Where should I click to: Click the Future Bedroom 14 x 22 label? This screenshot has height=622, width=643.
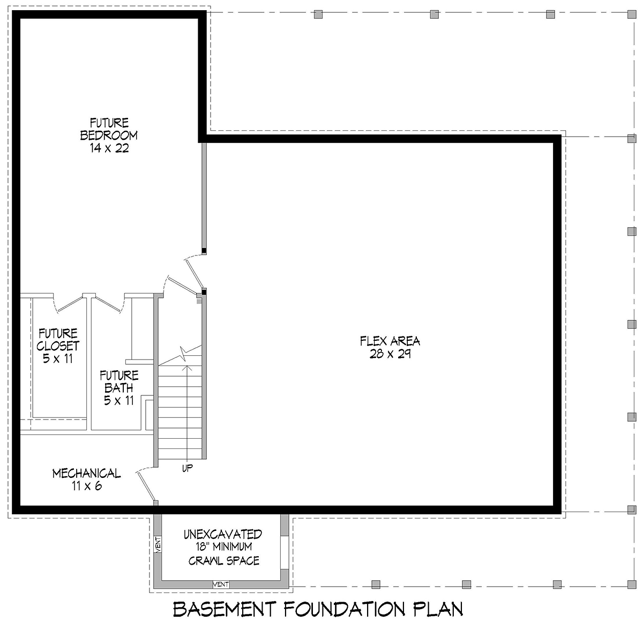[x=109, y=136]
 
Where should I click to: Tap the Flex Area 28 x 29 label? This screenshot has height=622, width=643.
[x=390, y=347]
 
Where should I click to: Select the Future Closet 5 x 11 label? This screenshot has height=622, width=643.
[x=58, y=346]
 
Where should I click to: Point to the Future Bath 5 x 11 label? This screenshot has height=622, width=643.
[x=119, y=388]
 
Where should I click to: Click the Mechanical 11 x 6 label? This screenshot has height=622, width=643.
[x=87, y=479]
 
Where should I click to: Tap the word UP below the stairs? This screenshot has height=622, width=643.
[x=188, y=468]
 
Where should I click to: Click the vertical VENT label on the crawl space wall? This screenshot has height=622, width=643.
[x=158, y=544]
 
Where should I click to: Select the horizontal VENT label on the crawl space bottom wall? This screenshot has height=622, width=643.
[x=221, y=584]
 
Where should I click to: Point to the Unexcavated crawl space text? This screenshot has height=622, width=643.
[x=223, y=548]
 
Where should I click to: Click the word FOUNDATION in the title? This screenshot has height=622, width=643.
[x=344, y=609]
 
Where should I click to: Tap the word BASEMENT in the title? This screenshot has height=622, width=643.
[x=225, y=609]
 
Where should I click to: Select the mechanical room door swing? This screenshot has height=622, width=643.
[x=145, y=484]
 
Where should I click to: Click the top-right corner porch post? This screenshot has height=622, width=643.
[x=632, y=14]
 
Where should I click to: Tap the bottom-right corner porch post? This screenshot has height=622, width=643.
[x=632, y=584]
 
